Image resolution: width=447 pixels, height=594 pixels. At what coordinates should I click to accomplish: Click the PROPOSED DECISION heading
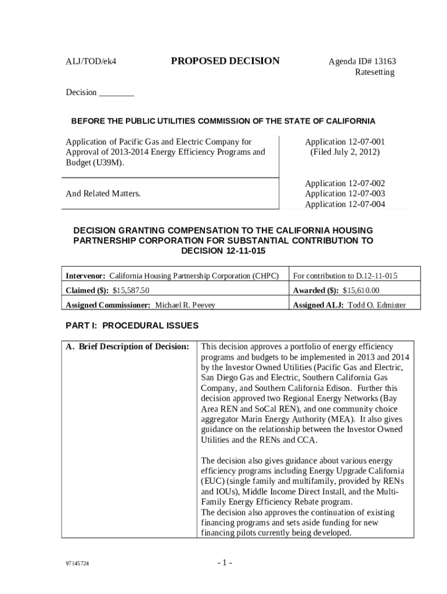tap(225, 61)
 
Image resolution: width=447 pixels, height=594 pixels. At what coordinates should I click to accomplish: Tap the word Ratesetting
tap(374, 73)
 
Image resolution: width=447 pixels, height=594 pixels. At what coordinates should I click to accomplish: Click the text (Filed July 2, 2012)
tap(345, 152)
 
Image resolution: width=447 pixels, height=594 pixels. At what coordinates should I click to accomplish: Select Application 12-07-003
tap(345, 193)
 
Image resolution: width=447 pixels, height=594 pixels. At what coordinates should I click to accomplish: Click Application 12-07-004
tap(345, 204)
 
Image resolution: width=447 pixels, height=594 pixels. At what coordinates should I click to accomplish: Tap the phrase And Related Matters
tap(103, 193)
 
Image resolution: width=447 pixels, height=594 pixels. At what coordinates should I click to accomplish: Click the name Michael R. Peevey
tap(185, 305)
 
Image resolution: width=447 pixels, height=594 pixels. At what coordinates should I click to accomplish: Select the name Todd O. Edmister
tap(376, 305)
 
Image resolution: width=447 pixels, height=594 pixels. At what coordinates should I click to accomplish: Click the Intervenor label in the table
tap(85, 275)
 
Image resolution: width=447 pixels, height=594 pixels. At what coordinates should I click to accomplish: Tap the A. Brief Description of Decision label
tap(127, 347)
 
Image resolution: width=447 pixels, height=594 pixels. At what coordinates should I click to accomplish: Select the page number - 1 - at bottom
tap(225, 563)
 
